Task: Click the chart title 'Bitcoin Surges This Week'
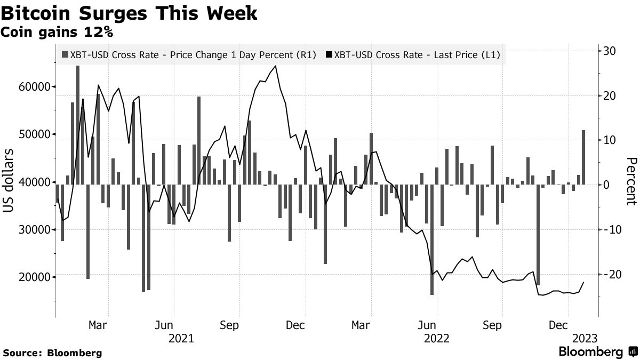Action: click(x=130, y=13)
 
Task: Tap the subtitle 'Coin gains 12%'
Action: click(x=58, y=33)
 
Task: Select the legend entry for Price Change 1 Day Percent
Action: click(x=189, y=54)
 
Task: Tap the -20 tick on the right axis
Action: click(x=608, y=274)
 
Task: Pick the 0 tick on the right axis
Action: click(x=606, y=185)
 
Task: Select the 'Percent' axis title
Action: click(x=631, y=181)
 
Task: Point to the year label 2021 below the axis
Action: click(x=181, y=338)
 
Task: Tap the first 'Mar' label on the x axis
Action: click(x=98, y=325)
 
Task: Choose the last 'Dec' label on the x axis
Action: click(x=557, y=325)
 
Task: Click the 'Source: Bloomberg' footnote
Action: click(x=52, y=353)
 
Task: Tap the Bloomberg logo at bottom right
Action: click(x=597, y=351)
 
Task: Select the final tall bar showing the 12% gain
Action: click(x=583, y=157)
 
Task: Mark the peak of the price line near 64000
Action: click(x=275, y=66)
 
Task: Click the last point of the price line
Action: click(x=583, y=282)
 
